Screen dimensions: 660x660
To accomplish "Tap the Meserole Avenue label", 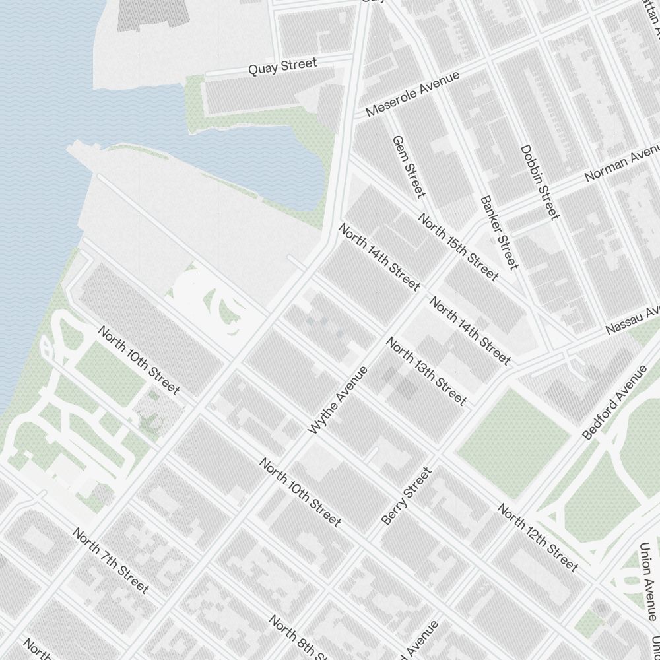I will tap(412, 95).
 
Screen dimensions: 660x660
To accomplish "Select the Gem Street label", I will tap(408, 166).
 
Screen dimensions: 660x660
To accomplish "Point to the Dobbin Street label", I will tap(539, 182).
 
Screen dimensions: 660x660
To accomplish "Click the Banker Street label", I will tap(500, 232).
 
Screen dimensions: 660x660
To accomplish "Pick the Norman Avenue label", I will tap(621, 165).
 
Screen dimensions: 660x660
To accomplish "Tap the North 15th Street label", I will tap(458, 247).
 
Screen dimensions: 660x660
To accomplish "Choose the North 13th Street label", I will tap(426, 371).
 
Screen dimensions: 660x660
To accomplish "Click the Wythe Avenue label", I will tap(337, 401).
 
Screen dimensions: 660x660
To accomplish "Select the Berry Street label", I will tap(407, 496).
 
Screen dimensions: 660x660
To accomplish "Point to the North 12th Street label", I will tap(537, 538).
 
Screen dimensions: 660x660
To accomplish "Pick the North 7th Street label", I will tap(110, 560).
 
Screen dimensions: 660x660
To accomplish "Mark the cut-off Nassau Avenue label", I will tap(633, 320).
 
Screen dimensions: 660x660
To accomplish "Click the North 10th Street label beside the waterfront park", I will tap(138, 360).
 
